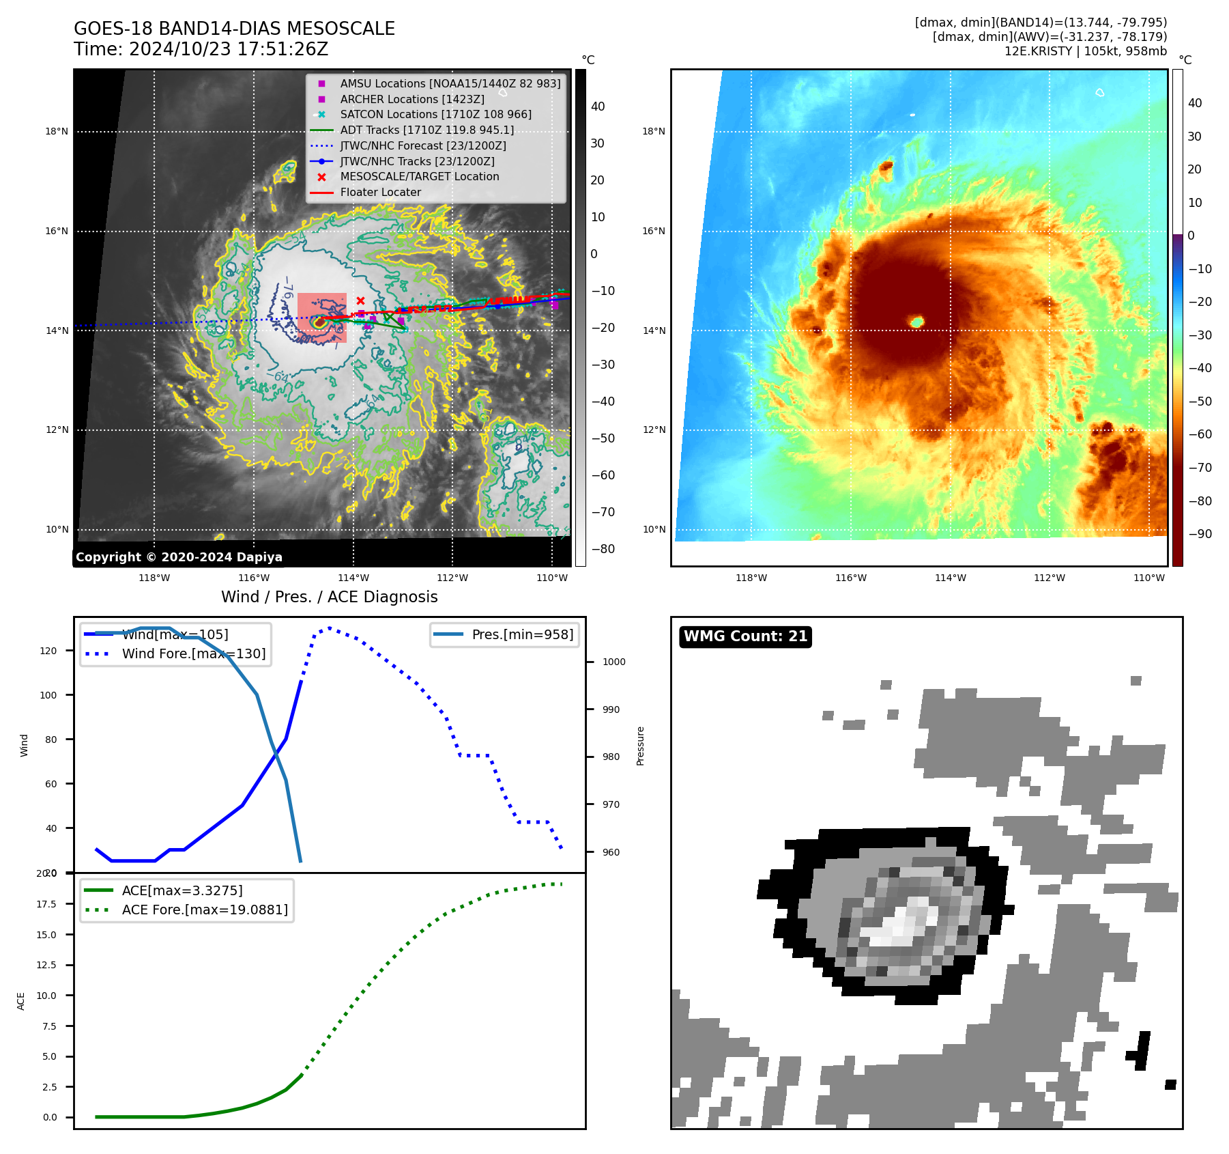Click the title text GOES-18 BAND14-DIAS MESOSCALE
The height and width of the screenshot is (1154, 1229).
pyautogui.click(x=234, y=29)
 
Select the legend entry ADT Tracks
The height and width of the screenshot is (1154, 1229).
pyautogui.click(x=426, y=130)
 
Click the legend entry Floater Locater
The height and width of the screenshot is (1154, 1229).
pyautogui.click(x=380, y=193)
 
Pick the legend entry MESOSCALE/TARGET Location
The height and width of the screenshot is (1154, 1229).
pyautogui.click(x=419, y=177)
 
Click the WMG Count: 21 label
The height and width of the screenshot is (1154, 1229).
pyautogui.click(x=745, y=636)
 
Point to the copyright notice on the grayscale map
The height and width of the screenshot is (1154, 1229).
pyautogui.click(x=179, y=557)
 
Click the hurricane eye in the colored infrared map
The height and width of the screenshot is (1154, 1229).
pyautogui.click(x=916, y=322)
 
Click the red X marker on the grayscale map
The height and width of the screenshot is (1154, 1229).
pyautogui.click(x=360, y=300)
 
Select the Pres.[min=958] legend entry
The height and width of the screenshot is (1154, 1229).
pyautogui.click(x=522, y=634)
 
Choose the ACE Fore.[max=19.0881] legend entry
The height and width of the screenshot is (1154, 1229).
pyautogui.click(x=205, y=910)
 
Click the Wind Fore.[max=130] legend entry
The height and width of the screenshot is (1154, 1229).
pyautogui.click(x=193, y=653)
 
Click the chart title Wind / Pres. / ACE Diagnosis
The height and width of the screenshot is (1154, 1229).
pyautogui.click(x=329, y=597)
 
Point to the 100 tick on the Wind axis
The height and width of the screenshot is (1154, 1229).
pyautogui.click(x=48, y=695)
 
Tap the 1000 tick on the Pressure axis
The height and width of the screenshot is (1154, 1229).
pyautogui.click(x=613, y=662)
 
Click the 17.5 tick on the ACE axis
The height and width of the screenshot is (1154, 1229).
pyautogui.click(x=46, y=904)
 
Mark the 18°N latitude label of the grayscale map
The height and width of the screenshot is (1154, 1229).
pyautogui.click(x=57, y=131)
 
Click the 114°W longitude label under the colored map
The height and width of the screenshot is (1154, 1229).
pyautogui.click(x=950, y=578)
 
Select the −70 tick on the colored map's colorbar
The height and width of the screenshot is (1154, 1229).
pyautogui.click(x=1200, y=468)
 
